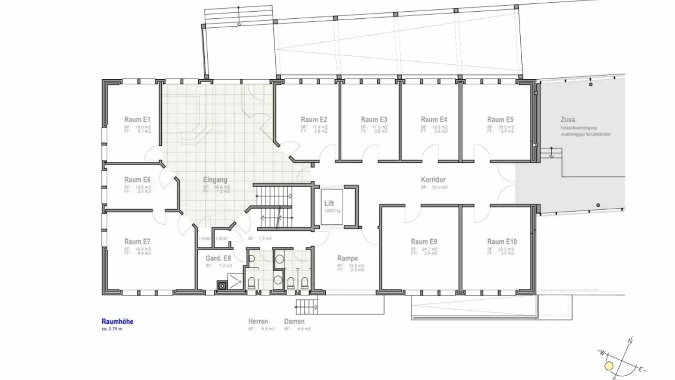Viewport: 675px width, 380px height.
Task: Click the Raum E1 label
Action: [x=137, y=119]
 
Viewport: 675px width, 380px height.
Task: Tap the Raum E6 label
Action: [x=137, y=180]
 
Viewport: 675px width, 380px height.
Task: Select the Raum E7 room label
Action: [x=137, y=242]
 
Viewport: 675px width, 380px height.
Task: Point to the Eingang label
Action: [x=215, y=180]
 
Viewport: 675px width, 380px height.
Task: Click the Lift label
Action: [x=329, y=204]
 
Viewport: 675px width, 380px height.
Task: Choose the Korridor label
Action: [x=433, y=180]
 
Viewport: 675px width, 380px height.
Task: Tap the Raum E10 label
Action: [x=502, y=242]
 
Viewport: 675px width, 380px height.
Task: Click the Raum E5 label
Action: [x=500, y=119]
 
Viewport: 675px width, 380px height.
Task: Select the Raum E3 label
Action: [x=374, y=119]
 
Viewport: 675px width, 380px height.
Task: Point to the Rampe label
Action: [x=347, y=258]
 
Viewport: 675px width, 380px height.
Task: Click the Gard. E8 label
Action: [x=218, y=258]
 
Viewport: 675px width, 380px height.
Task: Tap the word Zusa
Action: [x=567, y=119]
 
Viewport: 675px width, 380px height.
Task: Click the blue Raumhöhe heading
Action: [x=117, y=322]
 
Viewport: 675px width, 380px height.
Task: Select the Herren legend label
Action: [x=258, y=322]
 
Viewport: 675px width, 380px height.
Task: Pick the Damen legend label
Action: [x=294, y=322]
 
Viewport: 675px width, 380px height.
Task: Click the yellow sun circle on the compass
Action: [x=609, y=365]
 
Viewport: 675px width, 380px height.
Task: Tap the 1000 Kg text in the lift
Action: [x=332, y=211]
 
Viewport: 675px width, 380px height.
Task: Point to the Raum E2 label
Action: [x=314, y=119]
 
